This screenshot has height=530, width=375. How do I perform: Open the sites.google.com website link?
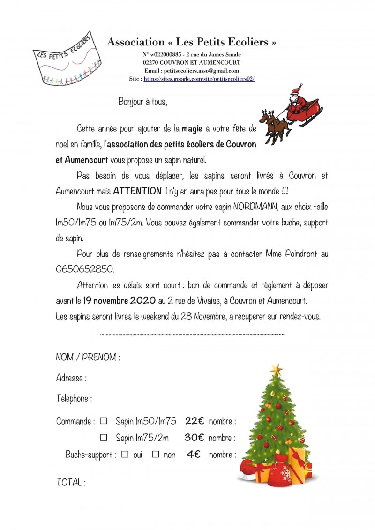coord(199,79)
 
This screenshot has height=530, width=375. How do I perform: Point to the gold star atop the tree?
coord(277,369)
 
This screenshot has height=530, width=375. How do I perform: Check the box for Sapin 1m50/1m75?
coord(104,421)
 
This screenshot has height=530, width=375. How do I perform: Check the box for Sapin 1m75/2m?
coord(104,438)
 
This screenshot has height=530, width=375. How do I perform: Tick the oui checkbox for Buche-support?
coord(125,455)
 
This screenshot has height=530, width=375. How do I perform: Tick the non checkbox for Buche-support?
coord(156,455)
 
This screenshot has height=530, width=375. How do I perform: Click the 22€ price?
coord(195,421)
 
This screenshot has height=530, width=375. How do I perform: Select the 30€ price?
coord(194,438)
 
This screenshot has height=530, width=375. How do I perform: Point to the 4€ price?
coord(194,455)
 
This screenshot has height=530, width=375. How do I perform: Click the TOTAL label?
coord(71,482)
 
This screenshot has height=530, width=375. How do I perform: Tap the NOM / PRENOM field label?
coord(88,357)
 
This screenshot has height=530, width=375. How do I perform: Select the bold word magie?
coord(192,128)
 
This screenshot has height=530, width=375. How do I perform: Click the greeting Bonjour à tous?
coord(142,101)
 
